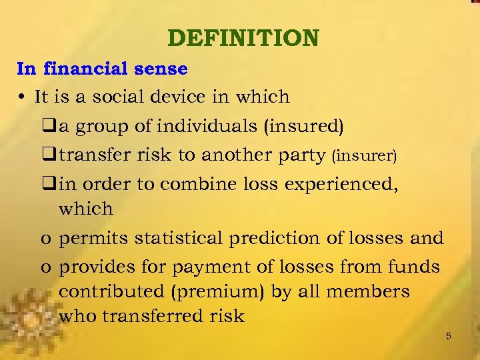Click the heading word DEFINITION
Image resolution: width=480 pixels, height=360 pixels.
tap(243, 38)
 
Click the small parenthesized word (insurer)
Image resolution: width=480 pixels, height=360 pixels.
tap(364, 156)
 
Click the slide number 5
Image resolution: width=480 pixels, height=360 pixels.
tap(449, 337)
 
